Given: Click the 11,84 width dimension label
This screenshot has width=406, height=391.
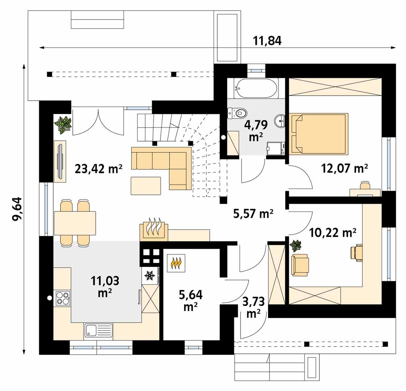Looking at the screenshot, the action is [x=267, y=41].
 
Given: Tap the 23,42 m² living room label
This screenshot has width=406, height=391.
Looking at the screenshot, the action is [x=99, y=169].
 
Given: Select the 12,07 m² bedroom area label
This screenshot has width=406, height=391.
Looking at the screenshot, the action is [x=344, y=168].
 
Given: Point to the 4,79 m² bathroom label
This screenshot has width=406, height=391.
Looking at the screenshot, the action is [x=256, y=131].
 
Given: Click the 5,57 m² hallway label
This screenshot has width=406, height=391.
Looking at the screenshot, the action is [x=253, y=214].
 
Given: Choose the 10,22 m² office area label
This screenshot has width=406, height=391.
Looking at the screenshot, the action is [x=332, y=233].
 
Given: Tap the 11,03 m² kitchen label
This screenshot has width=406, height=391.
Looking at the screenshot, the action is [x=105, y=287].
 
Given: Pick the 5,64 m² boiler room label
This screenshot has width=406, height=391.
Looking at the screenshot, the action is [x=191, y=300].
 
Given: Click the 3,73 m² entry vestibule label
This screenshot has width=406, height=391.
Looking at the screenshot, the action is [x=254, y=307].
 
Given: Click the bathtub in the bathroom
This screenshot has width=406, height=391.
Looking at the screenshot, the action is [x=256, y=88].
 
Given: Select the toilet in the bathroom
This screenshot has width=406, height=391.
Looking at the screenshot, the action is [x=238, y=113].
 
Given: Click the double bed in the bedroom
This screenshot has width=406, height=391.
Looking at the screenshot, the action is [x=318, y=134].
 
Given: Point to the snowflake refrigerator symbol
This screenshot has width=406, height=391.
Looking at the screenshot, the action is [x=150, y=276].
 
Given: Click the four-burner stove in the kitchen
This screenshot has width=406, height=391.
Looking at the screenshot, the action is [x=62, y=298].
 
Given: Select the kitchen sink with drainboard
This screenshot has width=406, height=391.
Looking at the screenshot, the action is [x=99, y=331].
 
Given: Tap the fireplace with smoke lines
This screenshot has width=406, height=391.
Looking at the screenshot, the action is [x=154, y=229].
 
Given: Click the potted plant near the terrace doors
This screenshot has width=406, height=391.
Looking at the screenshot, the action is [x=63, y=125].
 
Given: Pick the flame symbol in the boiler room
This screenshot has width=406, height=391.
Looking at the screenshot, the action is [x=176, y=263].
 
